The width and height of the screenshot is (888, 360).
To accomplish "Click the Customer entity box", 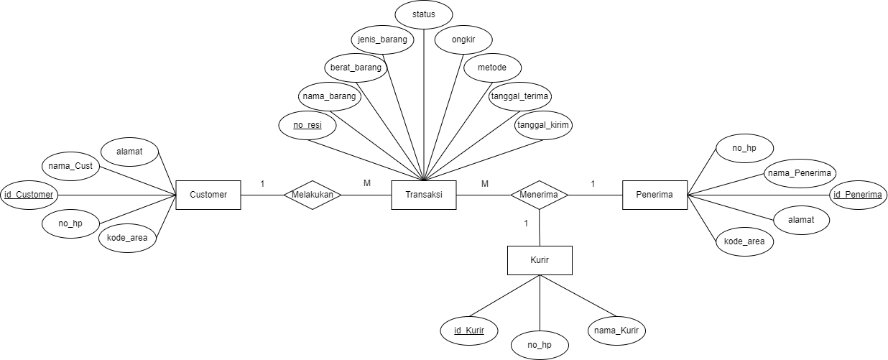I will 208,195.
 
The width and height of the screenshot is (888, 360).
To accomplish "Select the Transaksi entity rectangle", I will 424,195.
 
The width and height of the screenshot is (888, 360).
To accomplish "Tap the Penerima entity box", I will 654,195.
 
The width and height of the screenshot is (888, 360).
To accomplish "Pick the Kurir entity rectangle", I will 540,260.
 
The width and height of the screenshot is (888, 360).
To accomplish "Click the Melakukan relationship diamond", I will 313,195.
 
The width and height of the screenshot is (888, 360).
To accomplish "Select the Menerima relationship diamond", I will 540,195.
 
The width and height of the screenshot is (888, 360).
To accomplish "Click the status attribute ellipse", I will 424,14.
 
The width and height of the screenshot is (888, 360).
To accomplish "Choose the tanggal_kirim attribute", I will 543,125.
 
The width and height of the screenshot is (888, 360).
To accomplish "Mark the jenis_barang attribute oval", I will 383,40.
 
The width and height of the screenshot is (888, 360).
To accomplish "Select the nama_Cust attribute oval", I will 70,166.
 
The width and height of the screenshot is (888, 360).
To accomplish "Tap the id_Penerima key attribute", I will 857,195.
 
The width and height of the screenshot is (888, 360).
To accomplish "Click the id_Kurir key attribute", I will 468,331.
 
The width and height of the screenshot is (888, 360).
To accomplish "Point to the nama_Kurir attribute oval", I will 616,331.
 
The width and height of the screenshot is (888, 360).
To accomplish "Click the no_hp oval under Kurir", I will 539,345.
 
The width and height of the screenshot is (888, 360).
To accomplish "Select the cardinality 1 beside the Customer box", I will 262,184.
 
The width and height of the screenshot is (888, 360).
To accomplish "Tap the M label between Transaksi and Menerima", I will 484,184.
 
